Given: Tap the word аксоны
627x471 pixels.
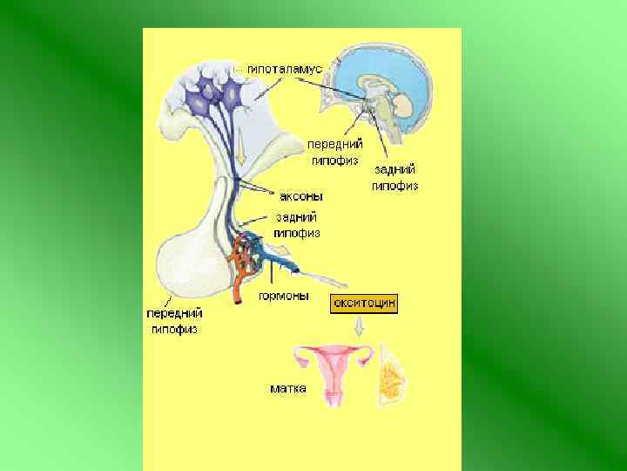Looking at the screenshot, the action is [301, 197].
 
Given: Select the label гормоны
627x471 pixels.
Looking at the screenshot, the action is [284, 296].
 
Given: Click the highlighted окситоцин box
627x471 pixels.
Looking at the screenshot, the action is [363, 304].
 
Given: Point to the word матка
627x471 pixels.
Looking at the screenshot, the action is [287, 388].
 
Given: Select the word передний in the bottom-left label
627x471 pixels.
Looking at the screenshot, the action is [175, 313].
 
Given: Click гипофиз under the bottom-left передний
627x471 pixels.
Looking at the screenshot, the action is [175, 329].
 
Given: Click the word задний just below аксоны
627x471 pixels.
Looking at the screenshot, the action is [296, 217].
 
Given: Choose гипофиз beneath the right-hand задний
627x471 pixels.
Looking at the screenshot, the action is [395, 185].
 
